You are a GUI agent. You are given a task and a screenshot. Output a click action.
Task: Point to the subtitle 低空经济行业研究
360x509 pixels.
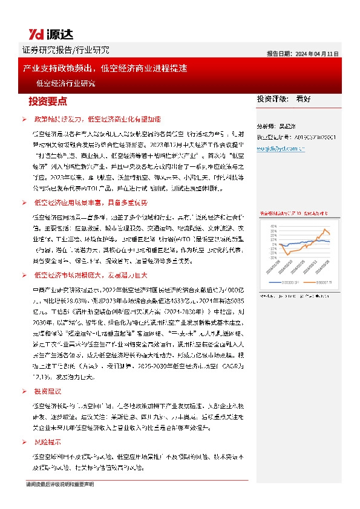point(65,83)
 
